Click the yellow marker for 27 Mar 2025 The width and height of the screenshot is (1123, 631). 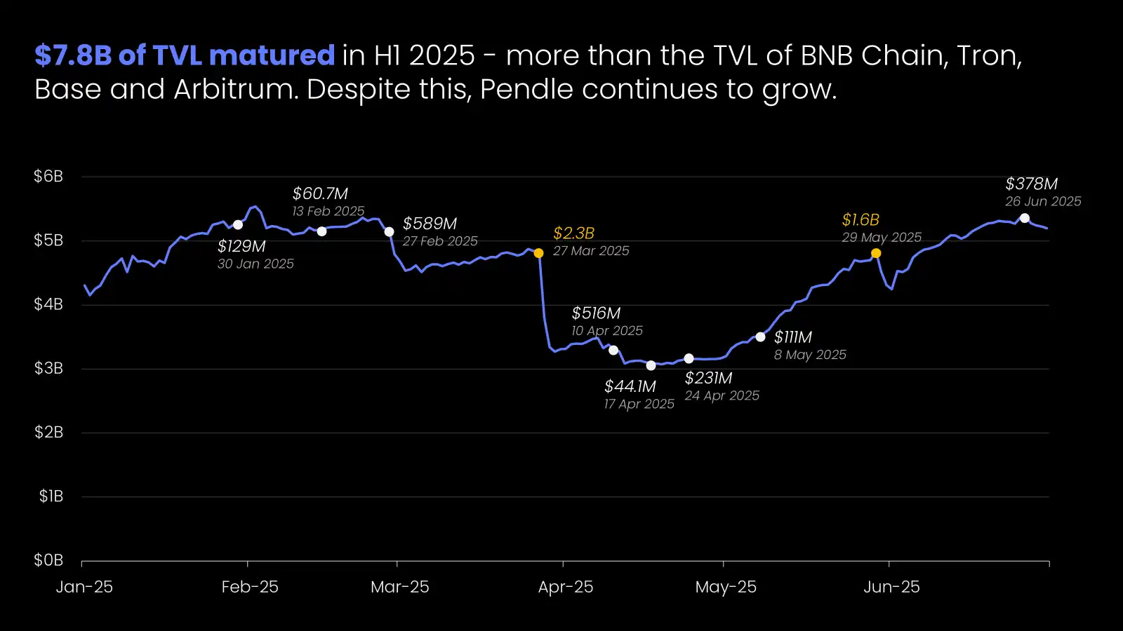[538, 253]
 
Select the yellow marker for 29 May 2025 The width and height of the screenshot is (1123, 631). [876, 253]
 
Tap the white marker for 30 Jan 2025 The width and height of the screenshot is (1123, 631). [238, 225]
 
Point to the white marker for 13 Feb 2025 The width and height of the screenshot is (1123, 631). [321, 231]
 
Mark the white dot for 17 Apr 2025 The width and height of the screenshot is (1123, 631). [651, 365]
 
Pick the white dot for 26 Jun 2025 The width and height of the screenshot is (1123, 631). [1025, 218]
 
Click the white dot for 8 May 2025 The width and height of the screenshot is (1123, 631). [760, 337]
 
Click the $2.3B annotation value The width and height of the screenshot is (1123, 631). [573, 233]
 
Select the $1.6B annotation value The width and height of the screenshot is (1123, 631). [860, 220]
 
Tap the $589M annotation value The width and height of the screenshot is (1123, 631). [430, 224]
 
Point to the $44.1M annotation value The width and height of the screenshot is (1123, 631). [630, 386]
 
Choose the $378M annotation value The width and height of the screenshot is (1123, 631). [1031, 184]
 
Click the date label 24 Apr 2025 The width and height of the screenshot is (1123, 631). [722, 395]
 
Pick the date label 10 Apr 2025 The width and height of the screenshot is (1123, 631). [607, 331]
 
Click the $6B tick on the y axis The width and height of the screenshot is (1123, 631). [48, 177]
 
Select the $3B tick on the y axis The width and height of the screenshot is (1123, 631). [48, 368]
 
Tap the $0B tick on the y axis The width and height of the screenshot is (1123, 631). [48, 560]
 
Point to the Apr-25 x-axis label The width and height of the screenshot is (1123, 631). [566, 587]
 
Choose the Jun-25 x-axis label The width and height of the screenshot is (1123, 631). [891, 587]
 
